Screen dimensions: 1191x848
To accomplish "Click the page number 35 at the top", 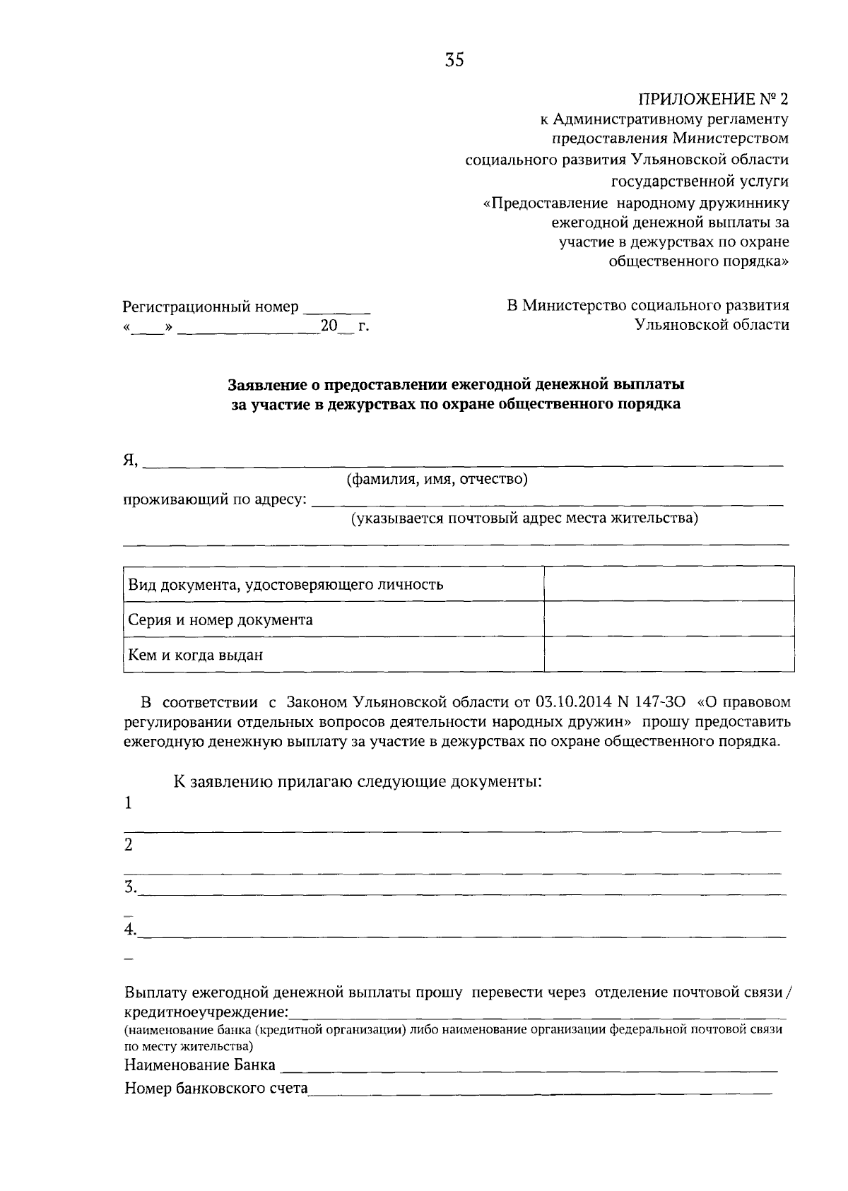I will click(454, 61).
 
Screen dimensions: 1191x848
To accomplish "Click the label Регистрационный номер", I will click(211, 307).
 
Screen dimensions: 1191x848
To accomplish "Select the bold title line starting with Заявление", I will click(456, 385).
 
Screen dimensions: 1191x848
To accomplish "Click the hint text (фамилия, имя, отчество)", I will click(437, 480).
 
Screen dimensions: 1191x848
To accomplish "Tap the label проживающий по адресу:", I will click(216, 500).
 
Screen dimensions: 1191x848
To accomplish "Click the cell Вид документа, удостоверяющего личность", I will click(285, 585).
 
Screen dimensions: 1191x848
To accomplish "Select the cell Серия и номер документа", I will click(220, 620).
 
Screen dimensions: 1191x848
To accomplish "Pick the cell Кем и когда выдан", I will click(195, 655).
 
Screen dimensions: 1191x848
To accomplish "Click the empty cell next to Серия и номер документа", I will click(669, 619).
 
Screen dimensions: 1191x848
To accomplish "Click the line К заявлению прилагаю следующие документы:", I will click(358, 782).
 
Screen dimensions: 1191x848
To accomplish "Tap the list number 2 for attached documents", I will click(129, 845).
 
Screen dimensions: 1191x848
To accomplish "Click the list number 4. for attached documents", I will click(131, 930).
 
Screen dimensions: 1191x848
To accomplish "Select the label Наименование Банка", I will click(200, 1065).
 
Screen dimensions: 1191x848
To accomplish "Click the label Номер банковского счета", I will click(216, 1088).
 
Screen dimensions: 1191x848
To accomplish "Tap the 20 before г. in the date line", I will click(329, 326).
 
